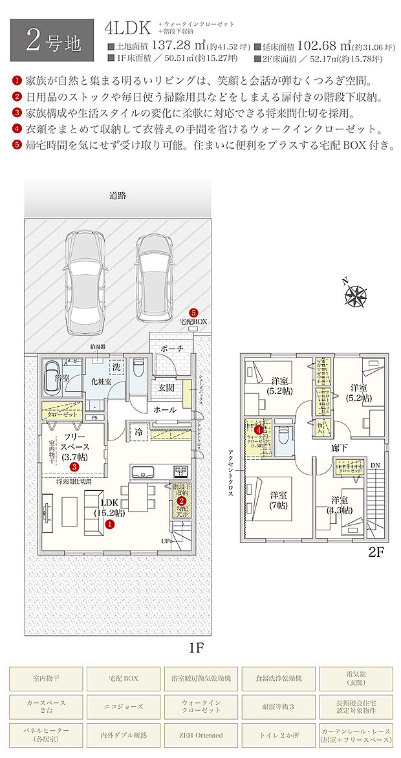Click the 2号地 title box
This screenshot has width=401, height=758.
tap(54, 40)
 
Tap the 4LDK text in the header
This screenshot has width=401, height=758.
tap(128, 27)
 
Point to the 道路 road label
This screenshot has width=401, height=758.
tap(117, 195)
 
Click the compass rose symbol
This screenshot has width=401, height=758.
tap(356, 295)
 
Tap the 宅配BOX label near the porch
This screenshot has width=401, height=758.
tap(193, 321)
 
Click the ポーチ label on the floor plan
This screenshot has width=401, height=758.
tap(171, 349)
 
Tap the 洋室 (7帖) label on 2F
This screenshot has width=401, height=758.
tap(279, 500)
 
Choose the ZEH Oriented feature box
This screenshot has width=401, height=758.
tap(200, 735)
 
